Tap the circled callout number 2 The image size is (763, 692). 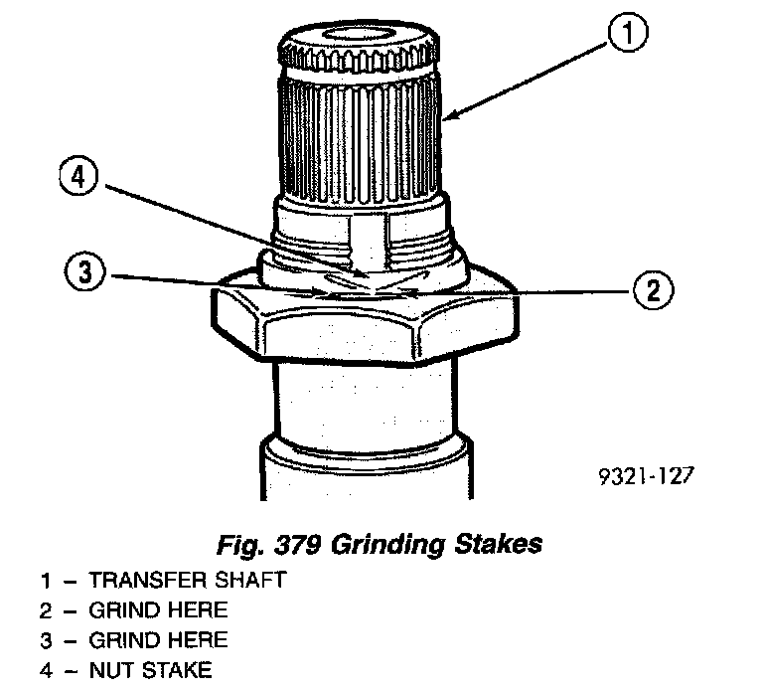[x=651, y=289]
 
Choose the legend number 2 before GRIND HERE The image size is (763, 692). [x=45, y=609]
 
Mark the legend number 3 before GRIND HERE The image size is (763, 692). [x=45, y=639]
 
